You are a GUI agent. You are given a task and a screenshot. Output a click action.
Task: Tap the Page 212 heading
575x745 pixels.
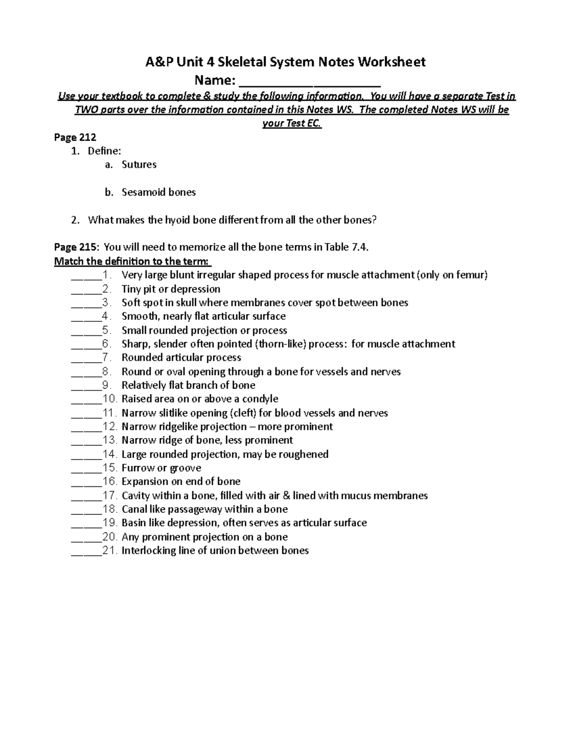click(x=75, y=137)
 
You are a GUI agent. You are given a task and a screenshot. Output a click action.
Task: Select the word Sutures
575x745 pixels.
click(x=139, y=165)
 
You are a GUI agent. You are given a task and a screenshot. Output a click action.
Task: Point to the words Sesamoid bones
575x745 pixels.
click(x=159, y=192)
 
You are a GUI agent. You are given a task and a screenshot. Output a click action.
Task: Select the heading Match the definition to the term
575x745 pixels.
click(x=132, y=261)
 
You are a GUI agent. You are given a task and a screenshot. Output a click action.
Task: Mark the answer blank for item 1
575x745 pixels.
click(x=87, y=276)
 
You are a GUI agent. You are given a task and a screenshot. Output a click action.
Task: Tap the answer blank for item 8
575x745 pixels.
click(x=87, y=372)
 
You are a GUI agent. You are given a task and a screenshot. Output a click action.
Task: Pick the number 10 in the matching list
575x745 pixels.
click(x=110, y=399)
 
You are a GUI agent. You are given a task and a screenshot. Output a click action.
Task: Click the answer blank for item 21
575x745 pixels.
click(x=87, y=551)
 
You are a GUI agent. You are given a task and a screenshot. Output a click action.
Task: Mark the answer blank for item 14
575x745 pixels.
click(x=87, y=455)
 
